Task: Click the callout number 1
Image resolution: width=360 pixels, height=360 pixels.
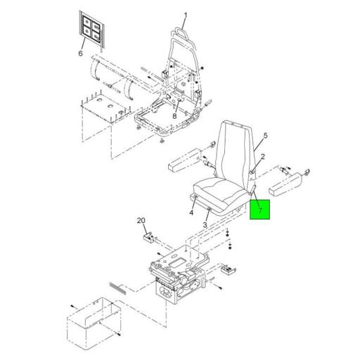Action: click(x=186, y=15)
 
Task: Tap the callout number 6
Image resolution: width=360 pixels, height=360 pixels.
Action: click(x=81, y=53)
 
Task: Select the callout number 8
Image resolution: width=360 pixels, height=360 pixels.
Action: click(x=174, y=116)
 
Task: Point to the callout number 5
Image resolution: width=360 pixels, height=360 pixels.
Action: click(x=265, y=136)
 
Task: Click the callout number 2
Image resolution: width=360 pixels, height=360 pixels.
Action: click(x=263, y=156)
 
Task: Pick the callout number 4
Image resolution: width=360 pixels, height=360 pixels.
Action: click(x=191, y=212)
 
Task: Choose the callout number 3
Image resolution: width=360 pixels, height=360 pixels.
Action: click(x=205, y=225)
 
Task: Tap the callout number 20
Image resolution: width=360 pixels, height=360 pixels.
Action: click(x=141, y=221)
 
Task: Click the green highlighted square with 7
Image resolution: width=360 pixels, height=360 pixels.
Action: click(x=260, y=210)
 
